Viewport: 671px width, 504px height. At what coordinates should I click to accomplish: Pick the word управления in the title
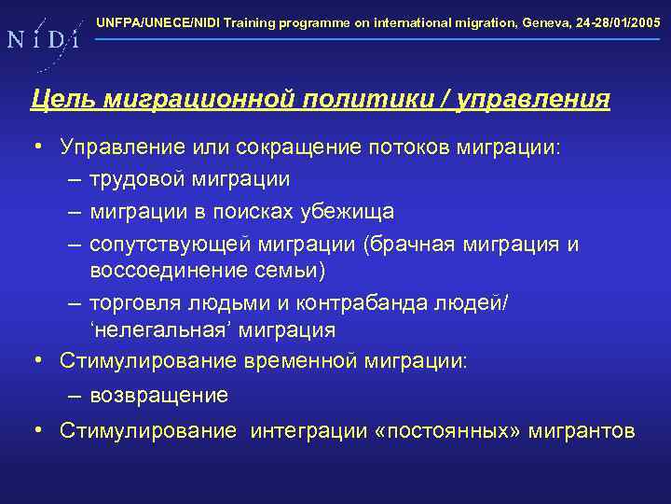(x=533, y=99)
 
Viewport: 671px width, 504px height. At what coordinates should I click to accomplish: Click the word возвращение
(x=158, y=396)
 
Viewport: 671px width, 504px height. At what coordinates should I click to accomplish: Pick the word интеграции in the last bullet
(x=309, y=430)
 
